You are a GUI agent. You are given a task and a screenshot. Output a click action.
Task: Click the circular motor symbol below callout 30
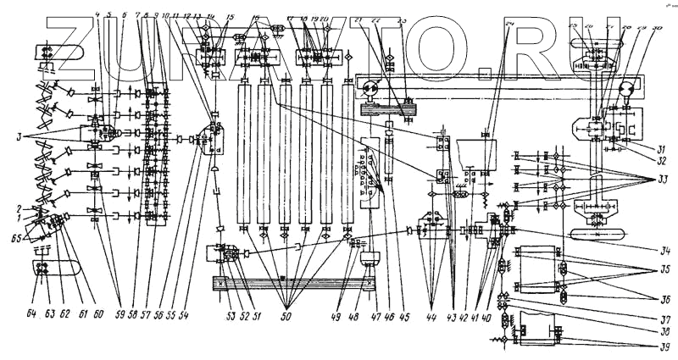[629, 87]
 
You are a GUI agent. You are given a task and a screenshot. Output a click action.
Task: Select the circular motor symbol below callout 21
[370, 87]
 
